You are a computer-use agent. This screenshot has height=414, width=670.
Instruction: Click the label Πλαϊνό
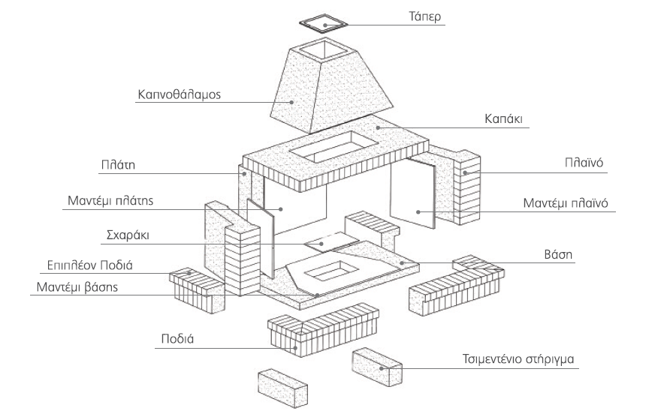click(584, 162)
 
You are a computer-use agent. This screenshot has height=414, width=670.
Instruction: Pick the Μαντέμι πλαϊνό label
click(565, 202)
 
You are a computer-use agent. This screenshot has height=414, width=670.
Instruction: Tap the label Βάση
click(560, 254)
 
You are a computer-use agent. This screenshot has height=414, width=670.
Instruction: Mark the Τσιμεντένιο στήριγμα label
click(518, 358)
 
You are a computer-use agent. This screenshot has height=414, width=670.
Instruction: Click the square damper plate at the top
click(325, 24)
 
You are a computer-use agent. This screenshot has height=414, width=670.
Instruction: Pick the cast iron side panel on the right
click(412, 195)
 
